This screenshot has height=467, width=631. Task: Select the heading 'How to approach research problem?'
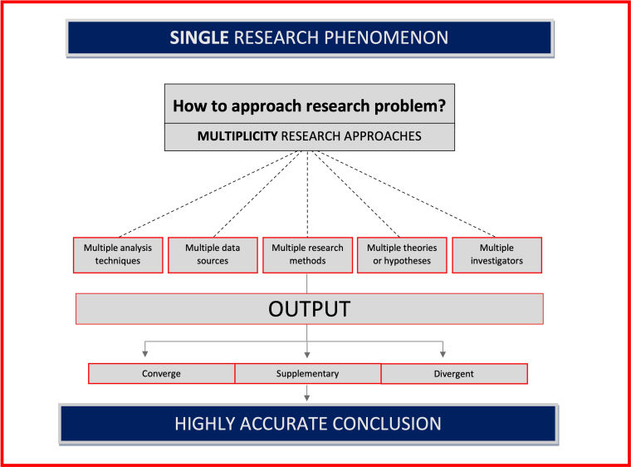(x=309, y=106)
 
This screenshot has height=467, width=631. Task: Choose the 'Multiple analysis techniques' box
(x=118, y=254)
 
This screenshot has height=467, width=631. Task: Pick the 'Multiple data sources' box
(x=213, y=254)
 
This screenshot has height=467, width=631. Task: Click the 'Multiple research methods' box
(x=307, y=254)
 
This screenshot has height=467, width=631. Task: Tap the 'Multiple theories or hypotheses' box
(x=402, y=254)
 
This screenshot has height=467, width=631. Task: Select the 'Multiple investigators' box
(x=496, y=254)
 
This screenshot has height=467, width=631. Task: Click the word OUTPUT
(x=309, y=309)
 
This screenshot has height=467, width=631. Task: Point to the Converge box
(x=161, y=374)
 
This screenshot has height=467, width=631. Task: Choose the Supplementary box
(x=307, y=374)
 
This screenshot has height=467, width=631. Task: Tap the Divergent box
(x=453, y=374)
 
